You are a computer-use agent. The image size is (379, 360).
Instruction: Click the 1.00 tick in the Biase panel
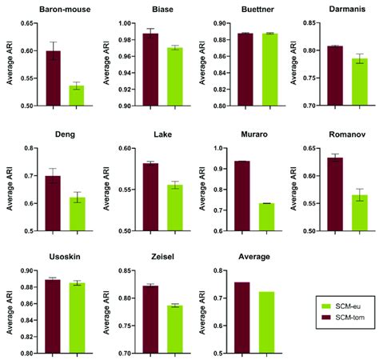pyautogui.click(x=122, y=23)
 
